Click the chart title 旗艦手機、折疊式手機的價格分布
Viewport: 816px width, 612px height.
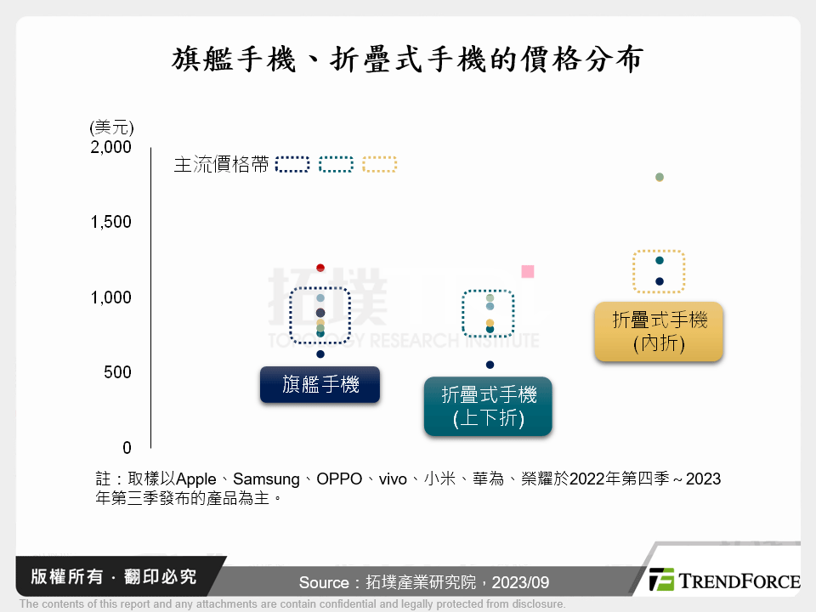[x=407, y=60]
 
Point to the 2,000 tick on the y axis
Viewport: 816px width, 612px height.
[x=111, y=147]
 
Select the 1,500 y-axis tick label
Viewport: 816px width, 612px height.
[x=111, y=222]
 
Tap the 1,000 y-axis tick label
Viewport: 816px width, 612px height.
[x=111, y=297]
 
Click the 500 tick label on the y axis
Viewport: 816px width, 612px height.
[x=118, y=372]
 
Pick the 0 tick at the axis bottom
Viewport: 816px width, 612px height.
[x=127, y=448]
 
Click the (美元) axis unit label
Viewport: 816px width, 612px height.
[x=111, y=127]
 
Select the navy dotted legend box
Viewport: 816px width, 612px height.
[x=294, y=165]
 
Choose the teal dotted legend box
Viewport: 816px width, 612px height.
[x=337, y=165]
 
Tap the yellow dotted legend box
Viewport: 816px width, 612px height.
[x=379, y=165]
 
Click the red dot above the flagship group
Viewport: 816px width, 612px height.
[x=320, y=268]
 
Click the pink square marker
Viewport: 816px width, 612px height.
[x=527, y=271]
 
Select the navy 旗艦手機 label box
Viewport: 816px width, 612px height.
[x=320, y=384]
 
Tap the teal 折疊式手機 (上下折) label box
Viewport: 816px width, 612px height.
[x=489, y=406]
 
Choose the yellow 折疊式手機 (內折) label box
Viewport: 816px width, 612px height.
[x=660, y=331]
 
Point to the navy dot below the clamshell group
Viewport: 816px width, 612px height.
[x=490, y=365]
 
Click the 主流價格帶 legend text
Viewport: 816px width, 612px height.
[x=221, y=165]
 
